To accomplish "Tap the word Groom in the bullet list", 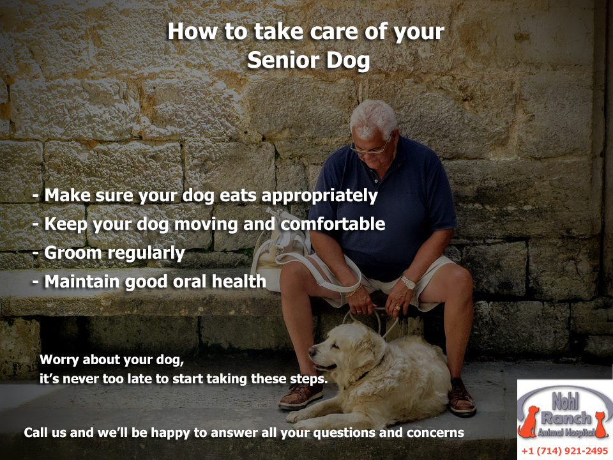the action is pos(73,253).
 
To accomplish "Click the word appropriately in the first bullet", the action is pos(319,196).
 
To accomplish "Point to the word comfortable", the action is pos(333,224).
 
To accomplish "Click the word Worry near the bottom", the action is pos(59,360).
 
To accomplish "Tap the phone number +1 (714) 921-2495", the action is pos(564,451).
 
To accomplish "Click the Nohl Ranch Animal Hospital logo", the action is pos(564,415).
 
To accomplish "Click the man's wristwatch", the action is pos(408,282).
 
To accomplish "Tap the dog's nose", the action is pos(312,351).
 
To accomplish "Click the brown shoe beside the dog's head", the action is pos(300,396).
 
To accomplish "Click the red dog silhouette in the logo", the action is pos(529,422).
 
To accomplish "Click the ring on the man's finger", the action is pos(398,308).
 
